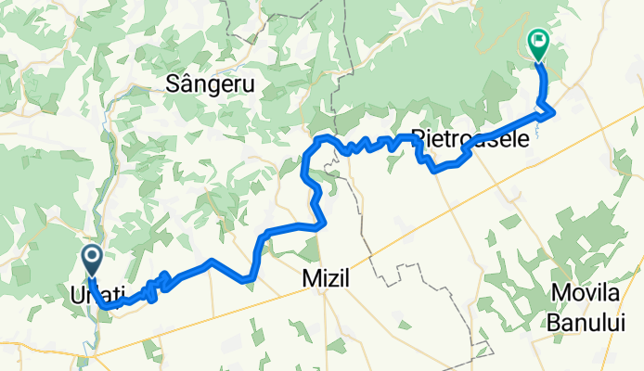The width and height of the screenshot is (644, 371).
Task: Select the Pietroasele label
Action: (470, 139)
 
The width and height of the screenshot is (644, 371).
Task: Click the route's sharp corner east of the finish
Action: (554, 111)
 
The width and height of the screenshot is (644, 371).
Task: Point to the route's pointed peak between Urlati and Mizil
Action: (213, 261)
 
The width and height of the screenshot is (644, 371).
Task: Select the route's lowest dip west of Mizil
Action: (250, 277)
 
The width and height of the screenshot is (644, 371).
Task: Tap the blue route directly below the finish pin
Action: (544, 83)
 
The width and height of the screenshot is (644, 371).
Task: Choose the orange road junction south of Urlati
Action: (95, 352)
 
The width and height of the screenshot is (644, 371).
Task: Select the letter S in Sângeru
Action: (171, 84)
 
